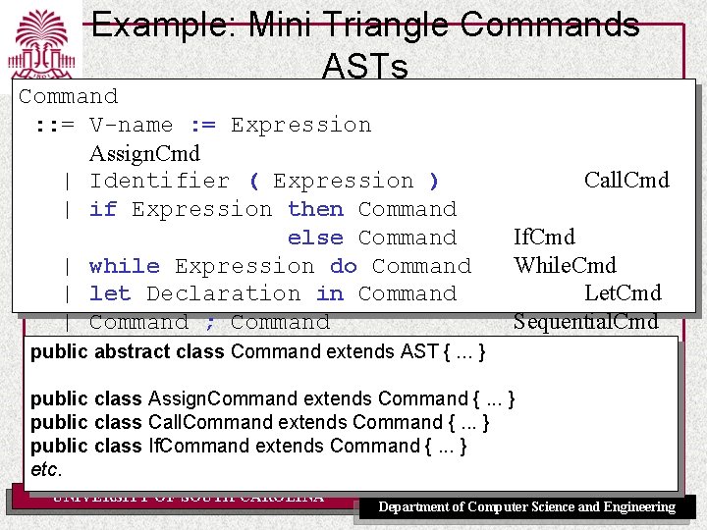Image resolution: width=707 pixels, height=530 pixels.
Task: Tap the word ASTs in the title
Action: (364, 67)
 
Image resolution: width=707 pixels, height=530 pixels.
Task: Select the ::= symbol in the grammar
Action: (53, 125)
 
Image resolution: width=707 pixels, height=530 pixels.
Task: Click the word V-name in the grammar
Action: (132, 125)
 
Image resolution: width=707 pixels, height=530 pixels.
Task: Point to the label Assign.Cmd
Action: (144, 153)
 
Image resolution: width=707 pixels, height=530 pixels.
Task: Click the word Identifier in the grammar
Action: (159, 181)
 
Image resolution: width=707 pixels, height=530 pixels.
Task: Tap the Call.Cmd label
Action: (626, 180)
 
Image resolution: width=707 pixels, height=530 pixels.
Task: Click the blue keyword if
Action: (103, 209)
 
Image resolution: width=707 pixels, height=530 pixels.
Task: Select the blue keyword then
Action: (315, 209)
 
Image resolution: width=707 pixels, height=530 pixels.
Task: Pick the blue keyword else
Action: (315, 238)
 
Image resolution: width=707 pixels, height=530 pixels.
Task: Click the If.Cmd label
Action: (544, 237)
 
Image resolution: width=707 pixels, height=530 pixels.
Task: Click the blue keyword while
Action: (124, 266)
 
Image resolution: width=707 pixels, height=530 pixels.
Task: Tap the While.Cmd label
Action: (565, 265)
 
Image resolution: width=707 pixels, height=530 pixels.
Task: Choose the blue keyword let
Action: (110, 293)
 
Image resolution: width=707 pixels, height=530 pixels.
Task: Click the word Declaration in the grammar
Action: (224, 293)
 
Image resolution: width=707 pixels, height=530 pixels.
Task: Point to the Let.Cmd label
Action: (623, 292)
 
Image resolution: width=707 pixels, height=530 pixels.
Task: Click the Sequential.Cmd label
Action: (585, 321)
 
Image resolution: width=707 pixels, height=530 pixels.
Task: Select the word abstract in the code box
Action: (130, 351)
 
